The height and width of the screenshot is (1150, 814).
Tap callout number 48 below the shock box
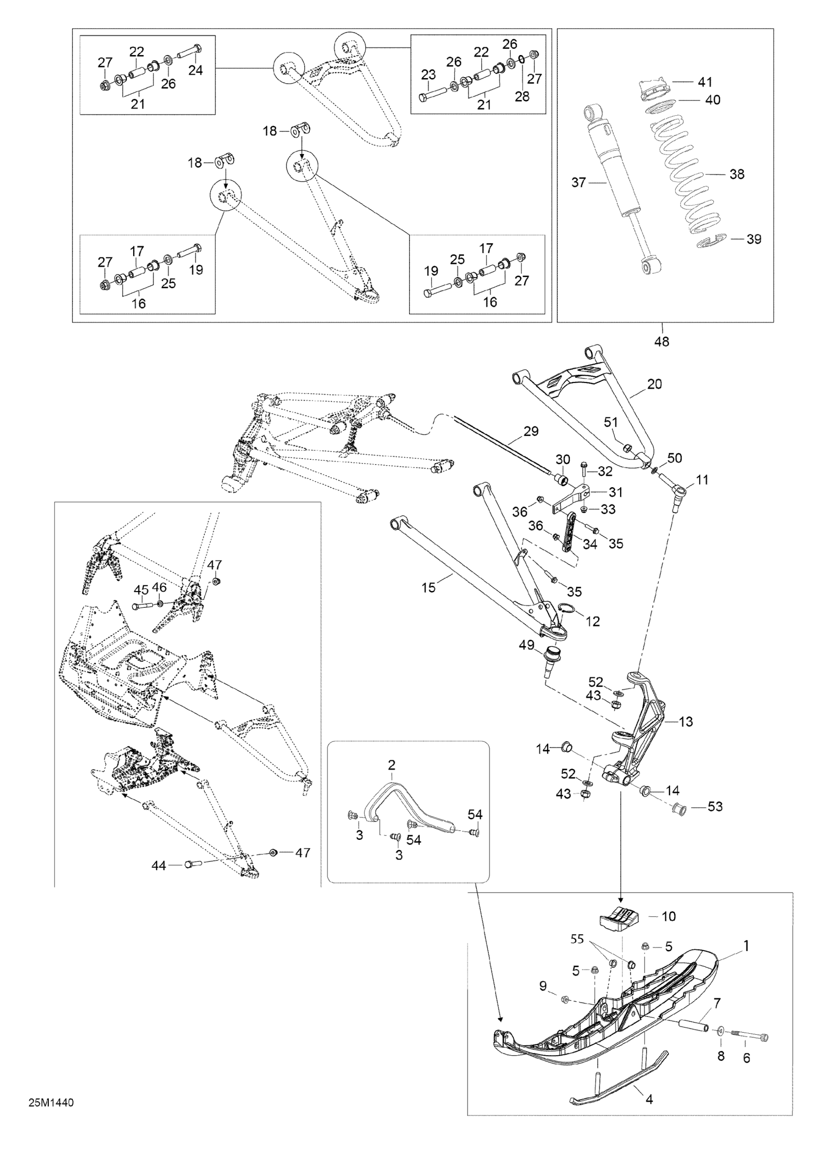tap(662, 342)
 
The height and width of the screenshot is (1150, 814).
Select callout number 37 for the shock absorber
tap(579, 183)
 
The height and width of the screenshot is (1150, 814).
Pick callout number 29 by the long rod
tap(531, 431)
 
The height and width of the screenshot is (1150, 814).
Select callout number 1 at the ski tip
tap(746, 946)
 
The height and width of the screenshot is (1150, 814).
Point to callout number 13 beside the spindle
tap(685, 722)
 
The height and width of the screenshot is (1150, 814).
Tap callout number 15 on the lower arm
tap(429, 588)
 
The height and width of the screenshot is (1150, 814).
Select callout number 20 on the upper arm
tap(655, 384)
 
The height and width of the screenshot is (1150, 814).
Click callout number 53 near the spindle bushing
tap(715, 807)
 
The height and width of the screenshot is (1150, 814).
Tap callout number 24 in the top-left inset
tap(195, 70)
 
